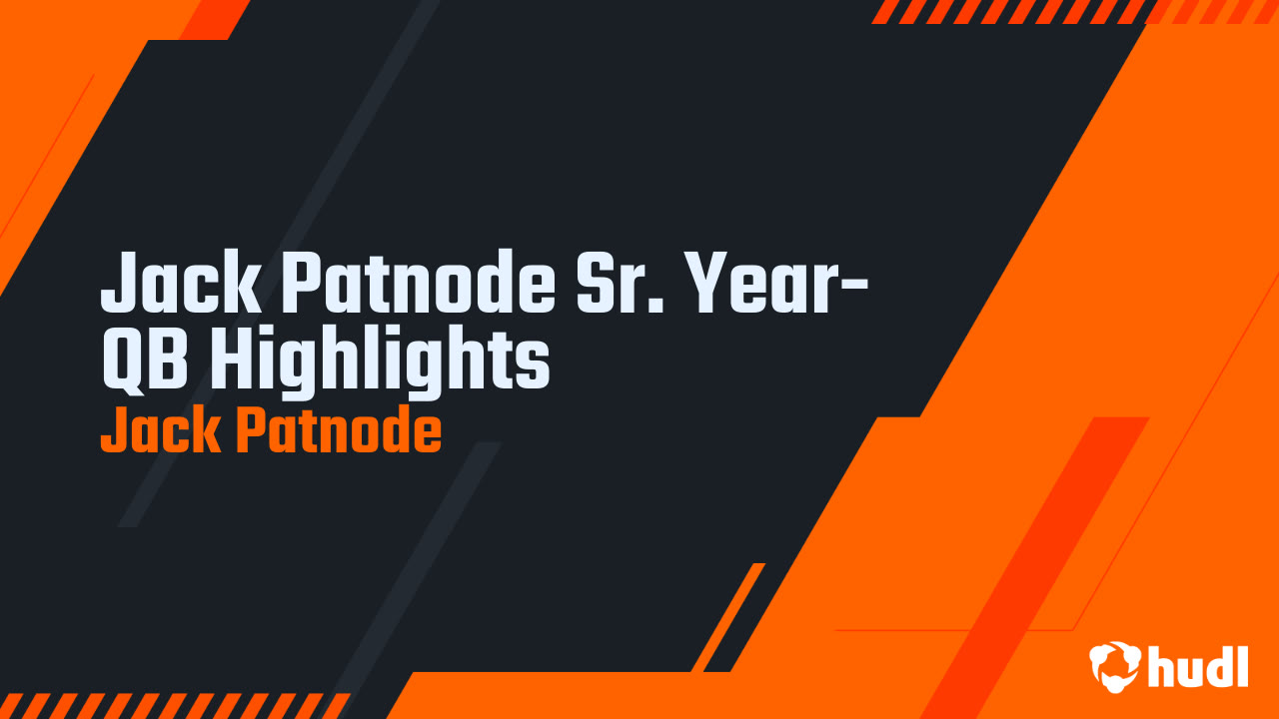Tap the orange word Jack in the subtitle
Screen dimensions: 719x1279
[x=160, y=431]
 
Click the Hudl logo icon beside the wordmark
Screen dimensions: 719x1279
[x=1113, y=666]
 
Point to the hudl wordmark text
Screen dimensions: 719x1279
[x=1198, y=666]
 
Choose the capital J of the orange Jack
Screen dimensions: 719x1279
[x=111, y=431]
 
